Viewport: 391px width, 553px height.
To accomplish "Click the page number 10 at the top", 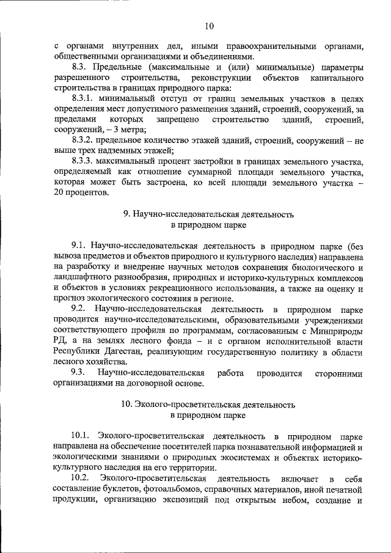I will click(x=210, y=26).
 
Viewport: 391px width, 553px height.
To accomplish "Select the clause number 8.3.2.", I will click(x=84, y=141).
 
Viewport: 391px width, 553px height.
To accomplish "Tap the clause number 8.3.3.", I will click(x=84, y=161).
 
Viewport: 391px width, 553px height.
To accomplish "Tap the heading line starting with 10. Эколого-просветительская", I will click(x=207, y=404).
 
